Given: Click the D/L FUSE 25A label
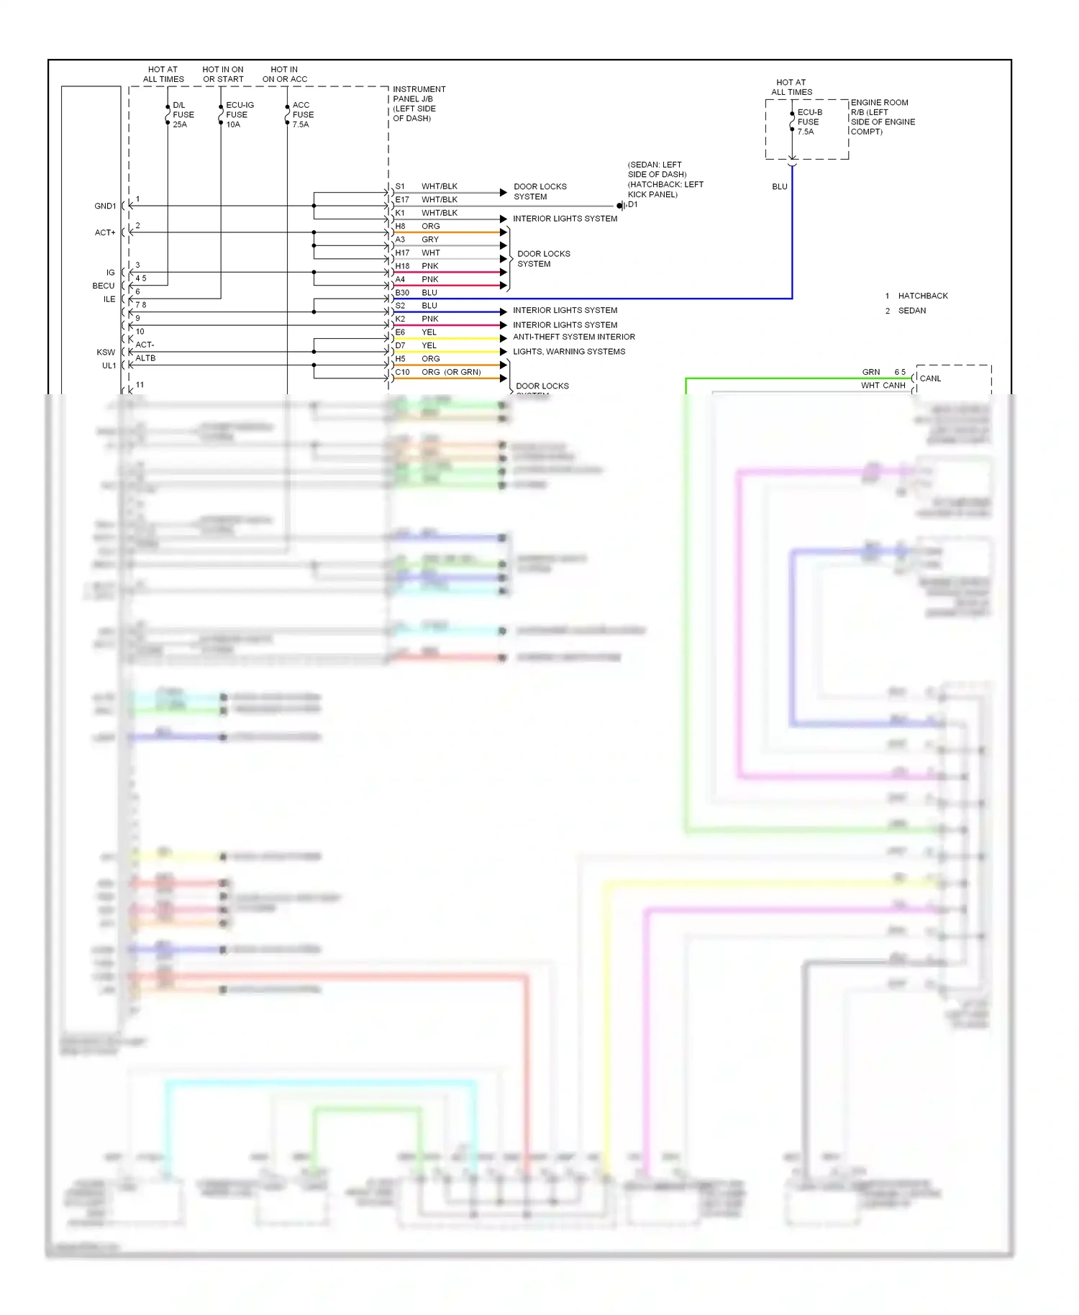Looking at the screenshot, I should [x=183, y=114].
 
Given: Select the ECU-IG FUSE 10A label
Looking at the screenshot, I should [x=239, y=114].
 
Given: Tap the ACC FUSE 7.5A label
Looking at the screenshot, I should [x=302, y=114].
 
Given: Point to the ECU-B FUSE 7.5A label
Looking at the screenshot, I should [x=809, y=122].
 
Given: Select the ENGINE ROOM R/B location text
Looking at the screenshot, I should [x=882, y=117].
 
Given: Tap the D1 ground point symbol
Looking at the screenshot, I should [x=621, y=206].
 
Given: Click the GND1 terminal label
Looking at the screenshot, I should [x=105, y=206].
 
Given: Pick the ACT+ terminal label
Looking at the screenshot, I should [x=105, y=233].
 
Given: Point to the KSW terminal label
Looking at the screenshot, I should [x=106, y=352].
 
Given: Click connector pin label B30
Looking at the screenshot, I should [x=402, y=293].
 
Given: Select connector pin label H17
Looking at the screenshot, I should [x=402, y=253].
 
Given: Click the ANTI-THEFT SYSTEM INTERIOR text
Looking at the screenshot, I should [x=574, y=337].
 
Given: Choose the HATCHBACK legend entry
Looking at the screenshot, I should [x=922, y=296].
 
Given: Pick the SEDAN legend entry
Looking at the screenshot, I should [x=911, y=311].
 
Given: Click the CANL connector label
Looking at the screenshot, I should [x=930, y=378].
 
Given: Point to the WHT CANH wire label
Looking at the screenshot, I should [x=883, y=386].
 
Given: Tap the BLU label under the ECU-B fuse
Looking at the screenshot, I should [x=780, y=187].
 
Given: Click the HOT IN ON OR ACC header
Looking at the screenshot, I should [x=284, y=75].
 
